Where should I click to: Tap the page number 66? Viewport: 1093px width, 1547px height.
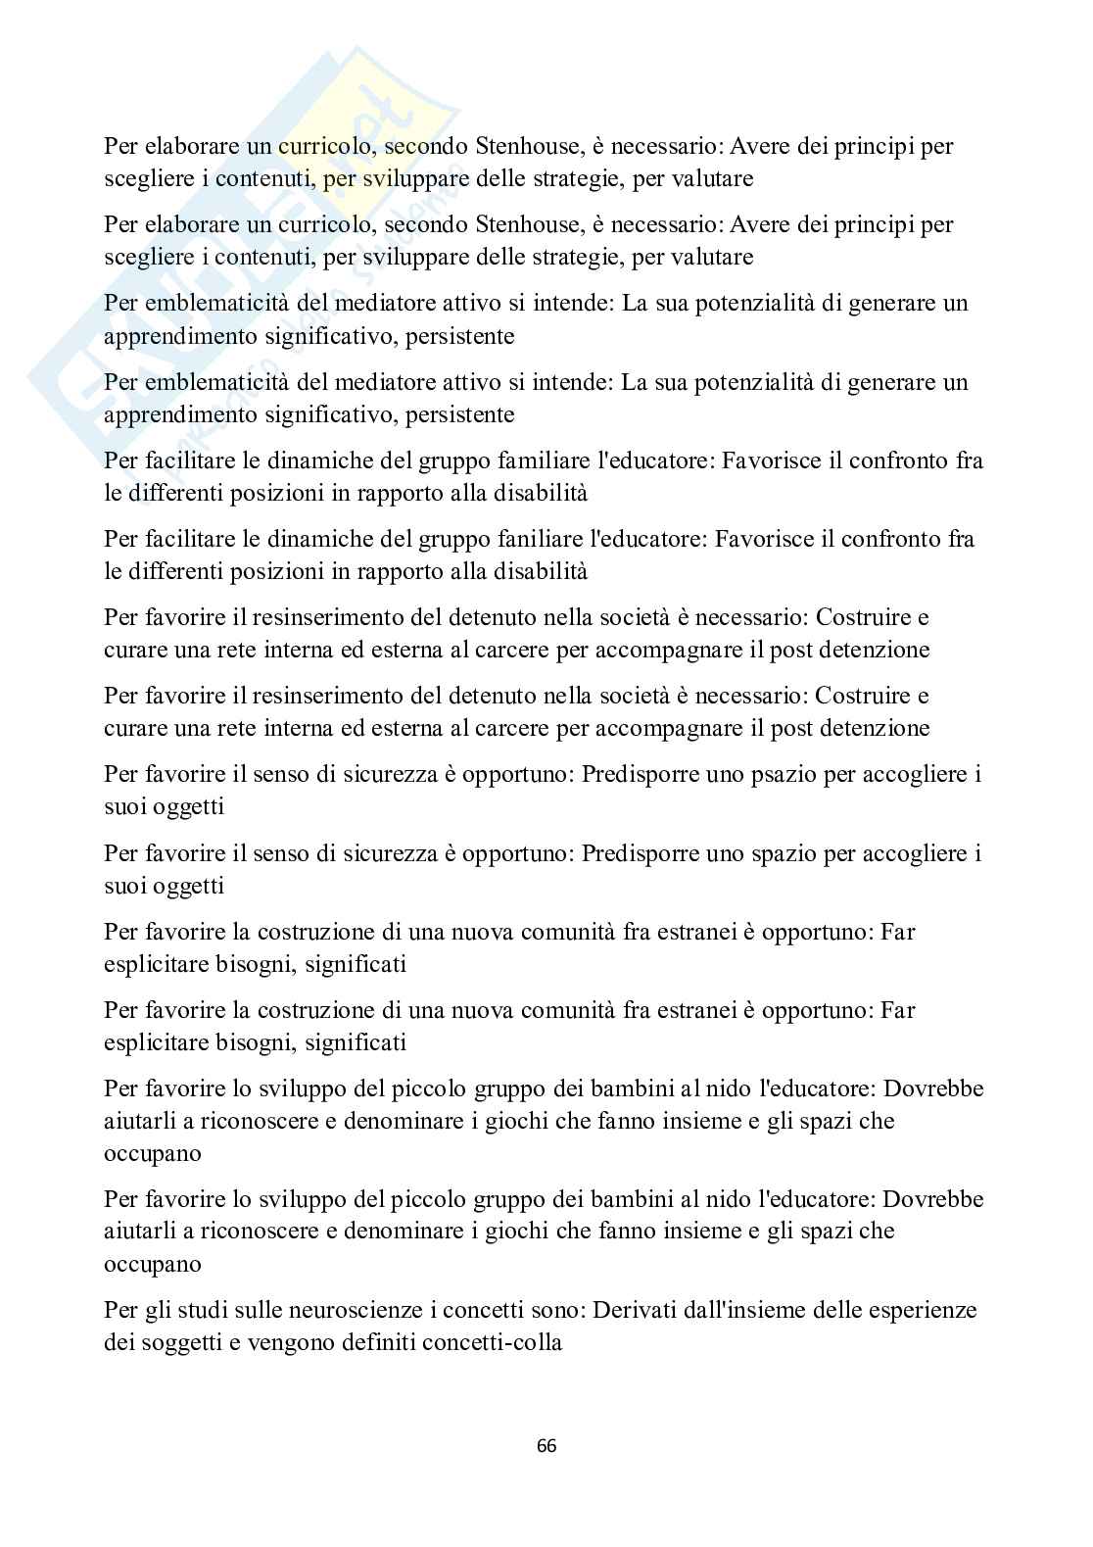coord(546,1445)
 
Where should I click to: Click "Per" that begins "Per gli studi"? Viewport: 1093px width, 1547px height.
coord(121,1310)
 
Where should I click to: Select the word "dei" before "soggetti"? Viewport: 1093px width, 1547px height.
coord(119,1342)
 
